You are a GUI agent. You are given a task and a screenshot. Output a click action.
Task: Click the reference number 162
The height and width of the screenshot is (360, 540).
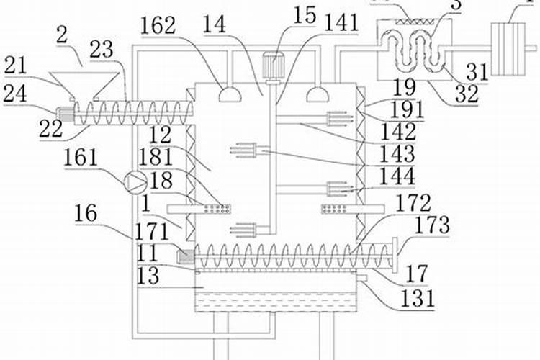pyautogui.click(x=157, y=25)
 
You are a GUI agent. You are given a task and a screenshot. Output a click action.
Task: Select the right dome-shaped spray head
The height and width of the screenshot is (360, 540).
pyautogui.click(x=318, y=94)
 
